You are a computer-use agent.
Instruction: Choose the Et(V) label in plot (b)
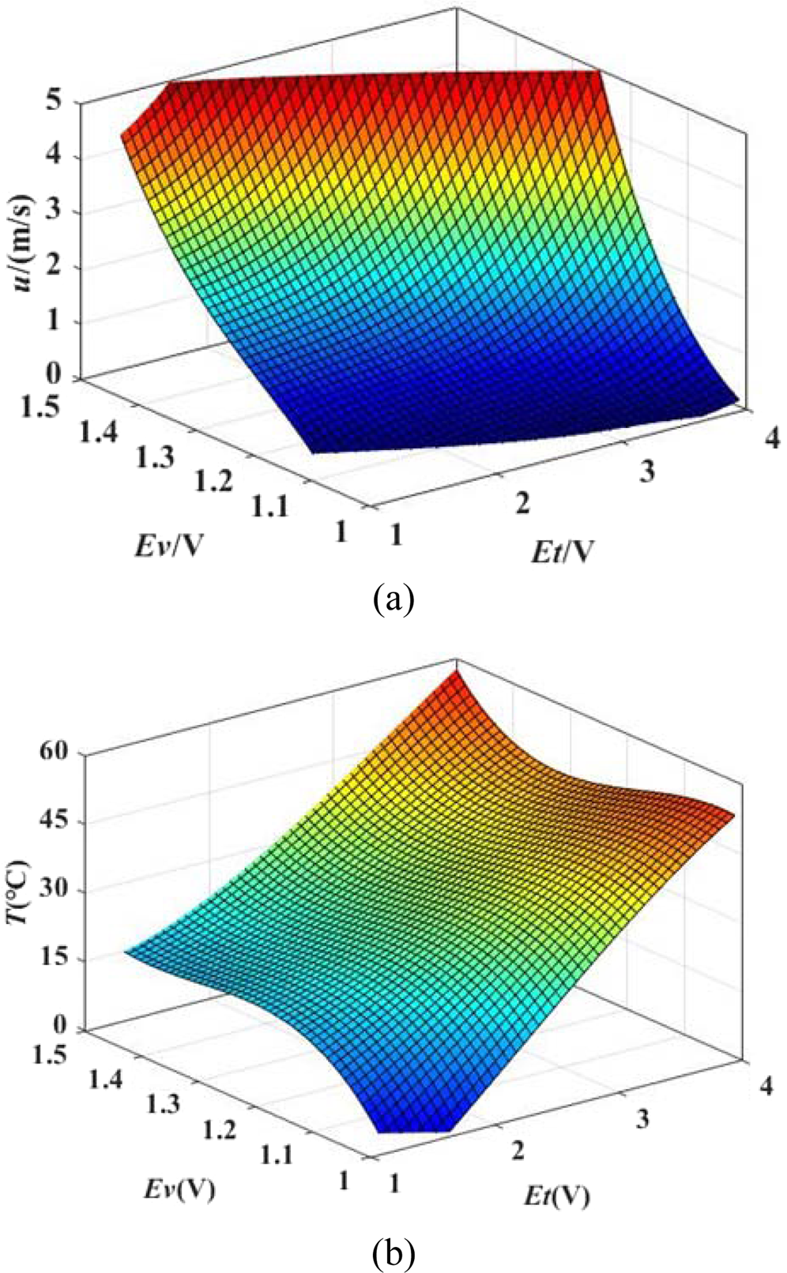pos(558,1197)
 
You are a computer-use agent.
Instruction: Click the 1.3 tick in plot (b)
pos(164,1106)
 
